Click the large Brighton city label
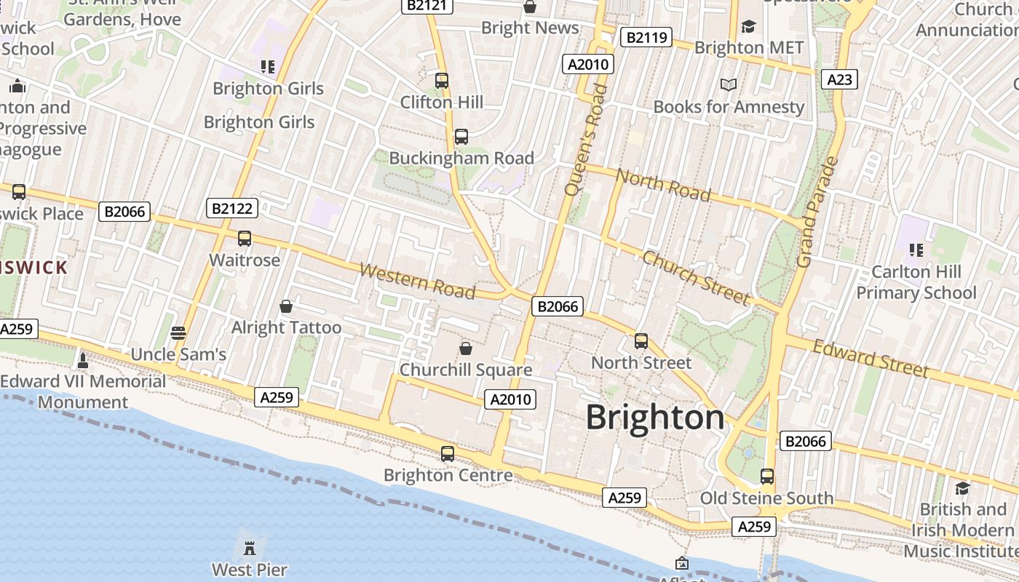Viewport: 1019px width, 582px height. coord(655,418)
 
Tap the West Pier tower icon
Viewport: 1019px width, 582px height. coord(250,547)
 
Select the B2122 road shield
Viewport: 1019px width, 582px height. coord(231,209)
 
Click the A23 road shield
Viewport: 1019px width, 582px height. coord(839,79)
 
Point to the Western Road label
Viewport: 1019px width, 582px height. coord(417,281)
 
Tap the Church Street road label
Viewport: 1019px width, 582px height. coord(695,278)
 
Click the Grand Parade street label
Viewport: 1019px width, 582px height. coord(817,212)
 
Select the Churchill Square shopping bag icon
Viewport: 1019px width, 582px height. coord(466,348)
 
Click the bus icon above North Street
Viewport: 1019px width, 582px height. coord(641,340)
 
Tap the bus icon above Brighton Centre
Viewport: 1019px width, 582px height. coord(448,453)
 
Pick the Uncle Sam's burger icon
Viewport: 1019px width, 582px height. coord(178,333)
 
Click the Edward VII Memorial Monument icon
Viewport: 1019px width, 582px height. coord(82,360)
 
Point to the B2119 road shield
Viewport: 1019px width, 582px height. coord(645,37)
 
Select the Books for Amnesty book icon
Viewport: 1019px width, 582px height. coord(728,85)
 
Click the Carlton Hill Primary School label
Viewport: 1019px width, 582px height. coord(916,282)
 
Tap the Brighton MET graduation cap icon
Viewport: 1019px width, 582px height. coord(748,27)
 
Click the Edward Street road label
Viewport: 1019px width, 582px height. coord(871,359)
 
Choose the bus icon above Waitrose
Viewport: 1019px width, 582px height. coord(245,239)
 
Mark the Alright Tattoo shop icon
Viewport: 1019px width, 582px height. coord(286,306)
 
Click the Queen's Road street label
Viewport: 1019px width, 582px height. coord(585,139)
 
